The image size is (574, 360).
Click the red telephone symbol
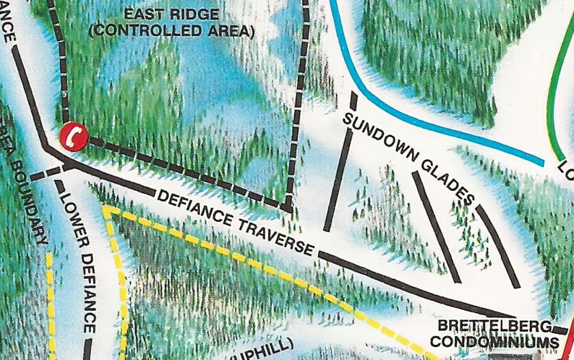pos(73,135)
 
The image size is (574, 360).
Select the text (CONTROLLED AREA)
pos(171,32)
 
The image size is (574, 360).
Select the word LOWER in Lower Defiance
pos(69,212)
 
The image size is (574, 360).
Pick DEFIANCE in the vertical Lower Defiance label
pos(85,289)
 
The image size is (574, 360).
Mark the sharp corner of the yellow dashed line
pos(107,210)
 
